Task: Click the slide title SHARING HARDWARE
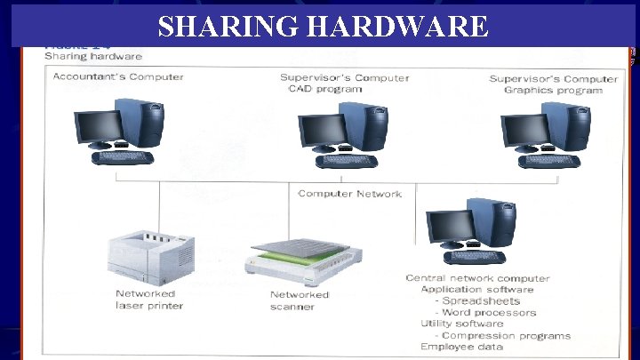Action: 323,27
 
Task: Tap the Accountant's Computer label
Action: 118,76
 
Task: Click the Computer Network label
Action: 350,194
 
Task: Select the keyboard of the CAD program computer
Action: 346,161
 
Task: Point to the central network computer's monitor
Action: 446,227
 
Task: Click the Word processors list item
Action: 488,312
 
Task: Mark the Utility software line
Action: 461,324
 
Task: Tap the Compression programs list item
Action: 504,335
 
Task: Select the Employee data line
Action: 461,347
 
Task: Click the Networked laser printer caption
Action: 148,300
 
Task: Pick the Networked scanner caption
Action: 300,300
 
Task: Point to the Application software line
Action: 476,289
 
